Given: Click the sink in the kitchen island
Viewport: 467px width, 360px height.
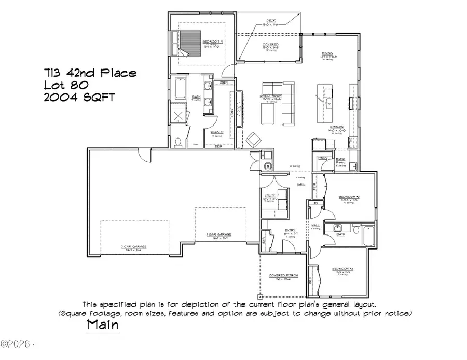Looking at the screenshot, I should [x=328, y=103].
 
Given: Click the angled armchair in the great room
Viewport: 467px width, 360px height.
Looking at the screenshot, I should [x=254, y=140].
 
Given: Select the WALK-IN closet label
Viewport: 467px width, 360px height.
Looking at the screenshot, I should [x=217, y=132].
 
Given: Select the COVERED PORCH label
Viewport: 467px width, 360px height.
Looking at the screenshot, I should [x=283, y=275].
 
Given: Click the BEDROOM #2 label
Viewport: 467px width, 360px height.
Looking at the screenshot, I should [x=349, y=197].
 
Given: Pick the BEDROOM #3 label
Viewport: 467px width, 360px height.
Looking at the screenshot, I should [x=342, y=268].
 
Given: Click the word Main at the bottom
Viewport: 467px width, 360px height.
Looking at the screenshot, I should [x=102, y=325].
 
